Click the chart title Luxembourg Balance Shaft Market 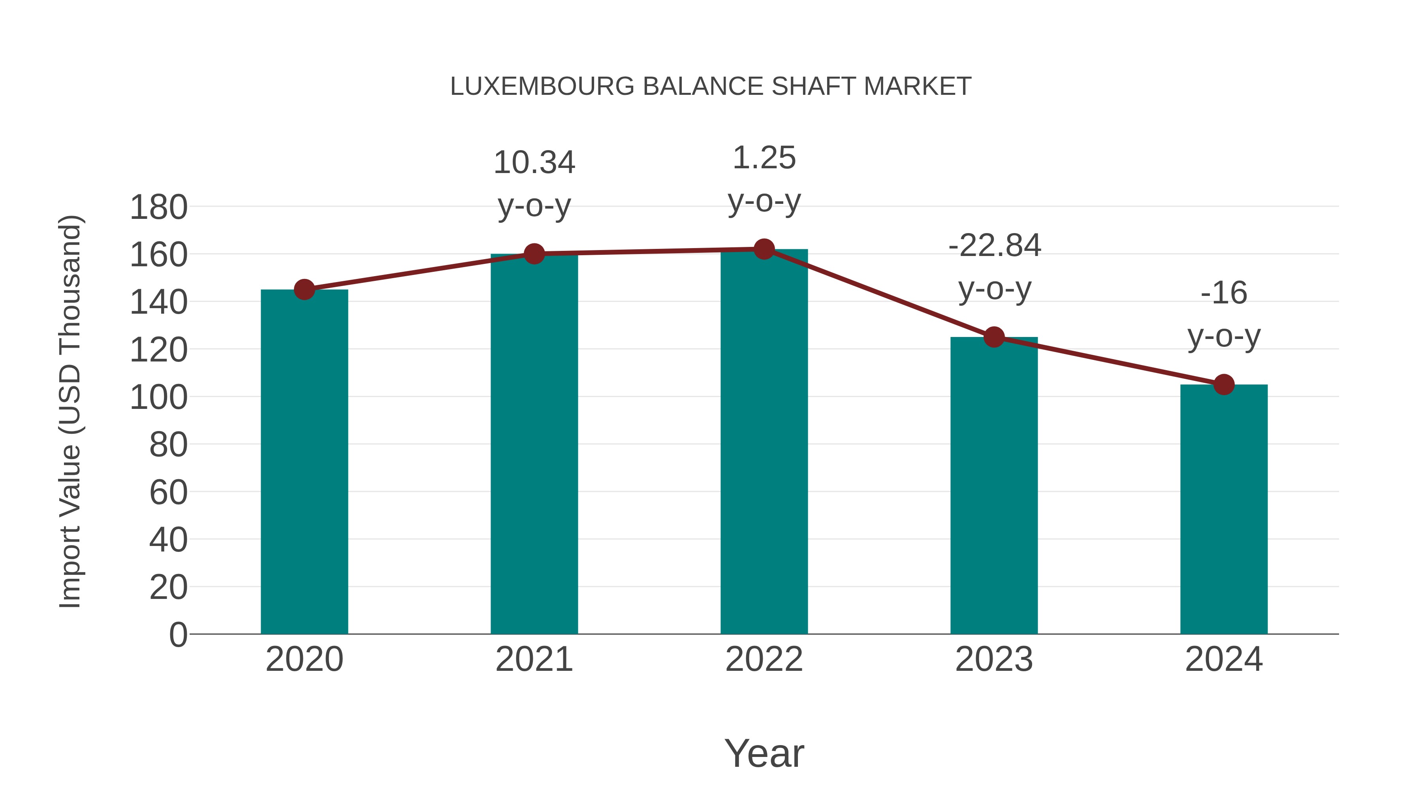click(711, 87)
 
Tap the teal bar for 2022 click(764, 442)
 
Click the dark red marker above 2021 click(534, 254)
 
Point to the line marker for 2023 click(994, 337)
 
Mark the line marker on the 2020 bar click(304, 289)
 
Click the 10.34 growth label click(534, 163)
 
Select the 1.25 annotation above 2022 click(764, 158)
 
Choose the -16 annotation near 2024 click(1224, 293)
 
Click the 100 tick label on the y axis click(158, 397)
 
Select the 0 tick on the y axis click(178, 634)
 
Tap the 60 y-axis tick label click(168, 493)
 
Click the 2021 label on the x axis click(534, 659)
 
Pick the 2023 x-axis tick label click(994, 659)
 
